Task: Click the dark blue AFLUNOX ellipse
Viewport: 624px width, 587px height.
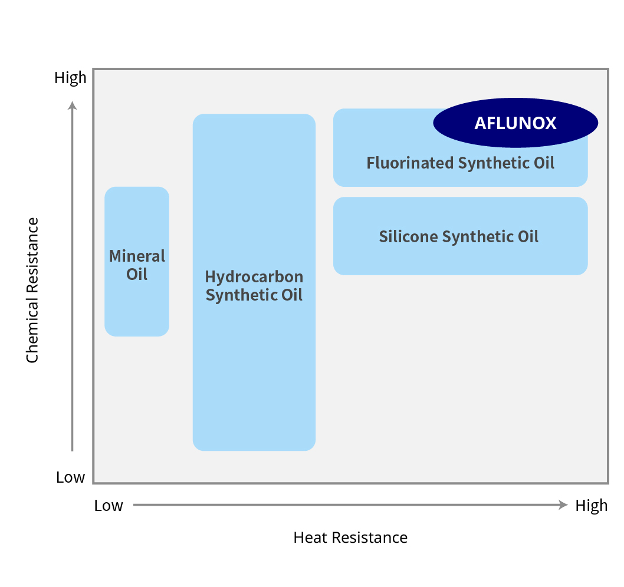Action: [x=515, y=123]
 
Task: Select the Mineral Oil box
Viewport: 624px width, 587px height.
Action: [x=137, y=306]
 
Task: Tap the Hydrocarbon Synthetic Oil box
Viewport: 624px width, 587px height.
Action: [x=254, y=365]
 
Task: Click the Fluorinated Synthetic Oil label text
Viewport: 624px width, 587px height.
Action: [x=460, y=163]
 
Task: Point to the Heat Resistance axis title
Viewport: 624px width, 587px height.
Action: [x=350, y=537]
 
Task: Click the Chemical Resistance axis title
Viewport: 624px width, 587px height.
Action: [x=32, y=290]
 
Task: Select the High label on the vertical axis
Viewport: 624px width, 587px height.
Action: [x=70, y=78]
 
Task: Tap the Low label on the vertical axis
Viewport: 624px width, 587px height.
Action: [x=70, y=477]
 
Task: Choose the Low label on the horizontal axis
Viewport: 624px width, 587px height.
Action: [x=109, y=506]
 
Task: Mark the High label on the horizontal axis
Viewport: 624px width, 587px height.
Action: [x=591, y=506]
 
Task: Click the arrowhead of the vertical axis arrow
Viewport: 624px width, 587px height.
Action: [x=72, y=105]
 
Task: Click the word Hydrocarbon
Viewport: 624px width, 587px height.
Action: [x=254, y=276]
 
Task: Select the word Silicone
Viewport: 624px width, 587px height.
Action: [x=408, y=236]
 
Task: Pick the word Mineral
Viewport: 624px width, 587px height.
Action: [x=137, y=256]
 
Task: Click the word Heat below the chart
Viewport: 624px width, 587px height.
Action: [x=310, y=537]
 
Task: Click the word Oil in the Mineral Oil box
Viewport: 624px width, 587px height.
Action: [x=137, y=274]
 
